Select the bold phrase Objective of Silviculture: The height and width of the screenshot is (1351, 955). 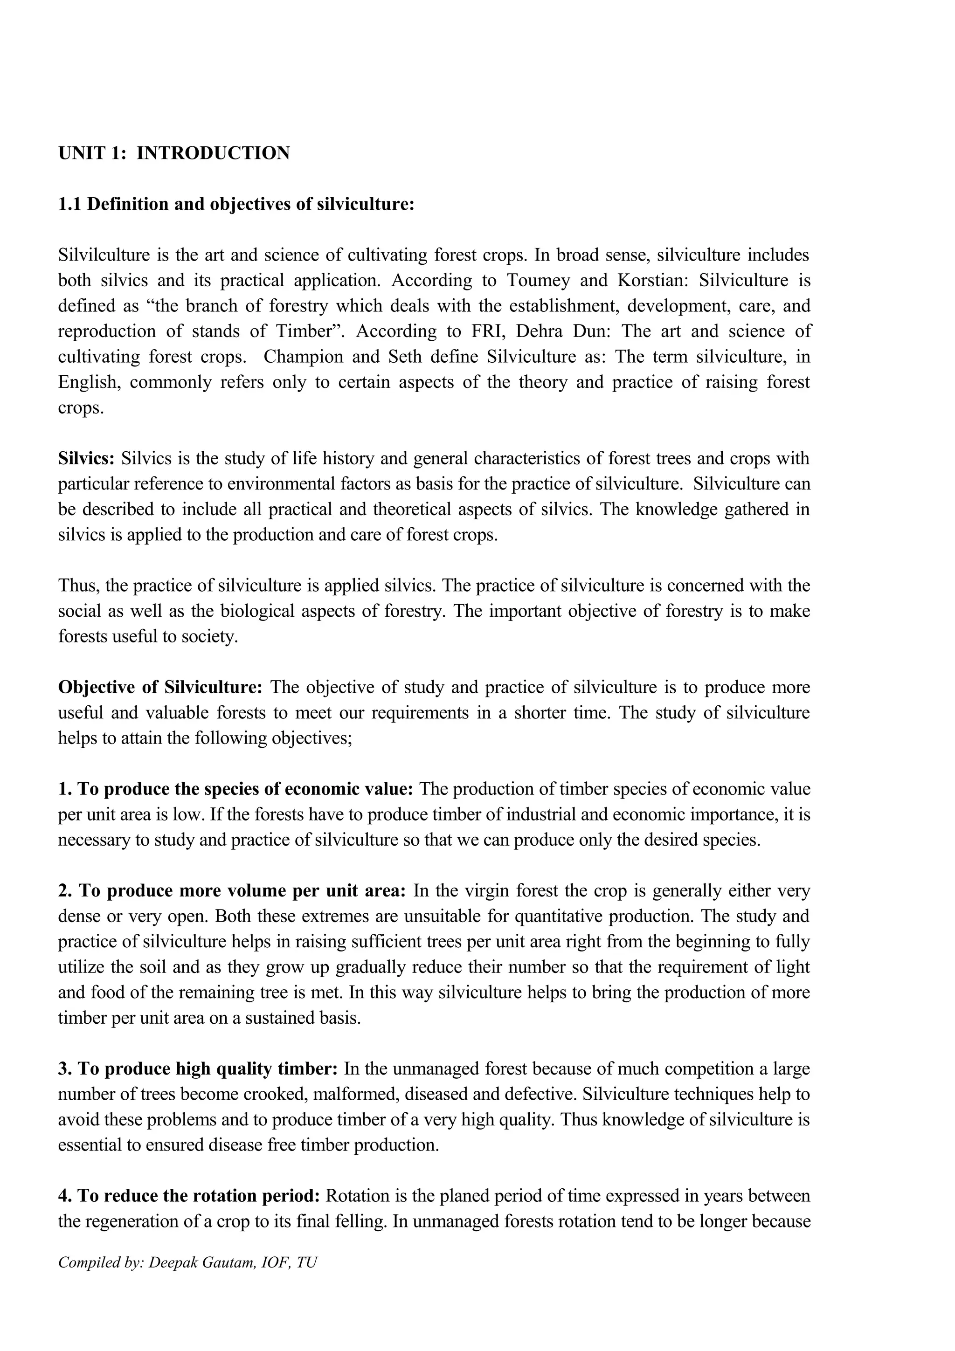160,687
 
